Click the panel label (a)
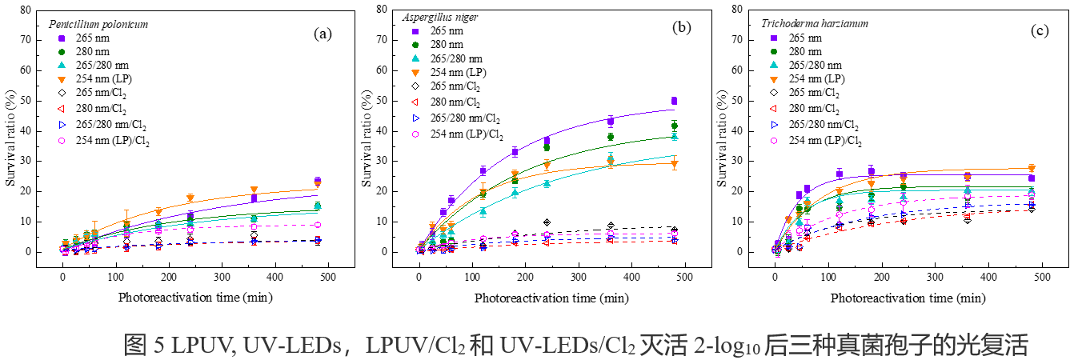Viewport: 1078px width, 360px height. pos(322,34)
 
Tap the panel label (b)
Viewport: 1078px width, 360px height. pos(681,27)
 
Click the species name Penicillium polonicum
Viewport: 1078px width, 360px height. pos(98,24)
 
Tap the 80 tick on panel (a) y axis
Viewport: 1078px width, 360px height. pos(26,10)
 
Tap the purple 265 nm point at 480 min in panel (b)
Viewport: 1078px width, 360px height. pos(674,101)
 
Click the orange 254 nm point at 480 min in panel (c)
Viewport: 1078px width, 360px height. pos(1032,168)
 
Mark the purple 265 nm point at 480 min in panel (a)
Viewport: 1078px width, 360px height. pos(318,182)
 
